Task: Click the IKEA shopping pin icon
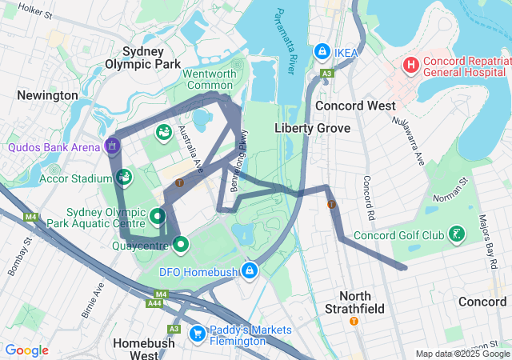(x=322, y=50)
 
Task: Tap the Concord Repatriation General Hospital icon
(x=411, y=64)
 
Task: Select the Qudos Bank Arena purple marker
(x=112, y=146)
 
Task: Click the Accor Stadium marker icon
(x=123, y=177)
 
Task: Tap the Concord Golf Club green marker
(x=455, y=234)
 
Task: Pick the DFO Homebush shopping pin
(x=251, y=271)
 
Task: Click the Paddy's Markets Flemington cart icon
(x=197, y=332)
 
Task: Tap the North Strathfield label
(x=356, y=302)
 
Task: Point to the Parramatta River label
(x=286, y=40)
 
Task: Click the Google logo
(x=27, y=350)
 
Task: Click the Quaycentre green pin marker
(x=181, y=244)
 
